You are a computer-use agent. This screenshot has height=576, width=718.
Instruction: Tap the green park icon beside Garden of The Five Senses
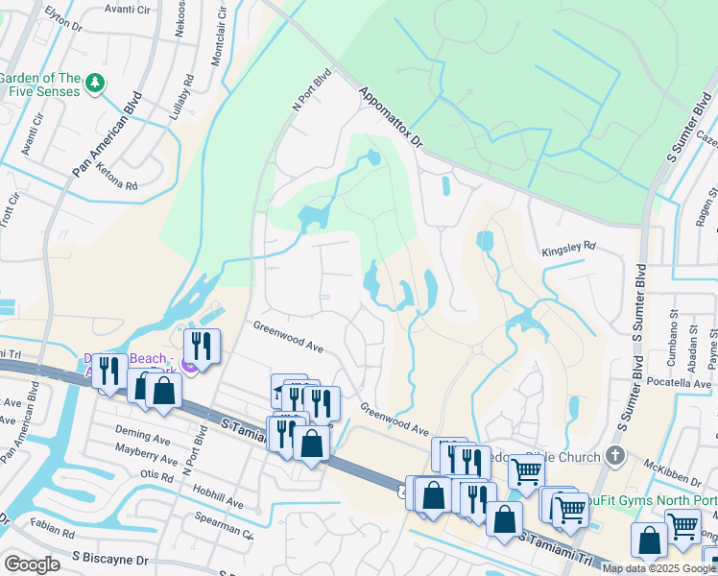pyautogui.click(x=94, y=85)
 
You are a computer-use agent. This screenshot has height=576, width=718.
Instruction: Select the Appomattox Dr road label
pyautogui.click(x=391, y=118)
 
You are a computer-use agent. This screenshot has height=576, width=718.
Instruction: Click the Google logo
pyautogui.click(x=32, y=564)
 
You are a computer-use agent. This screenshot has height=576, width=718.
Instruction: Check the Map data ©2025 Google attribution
pyautogui.click(x=658, y=568)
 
